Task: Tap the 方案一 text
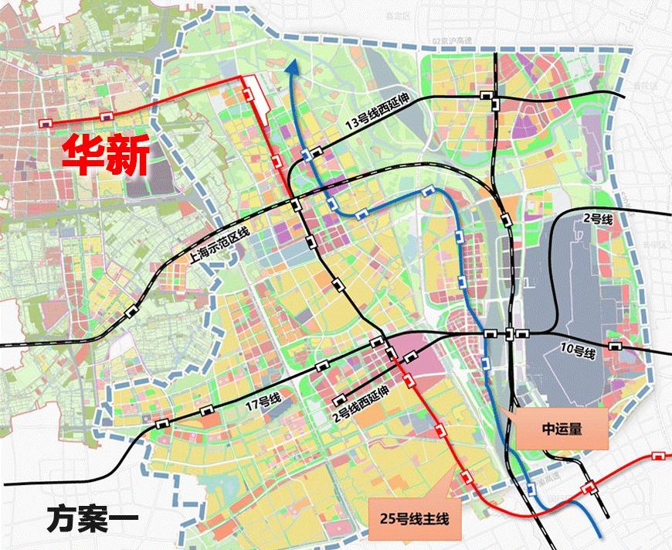coord(90,516)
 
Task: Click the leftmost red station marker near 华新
coord(46,122)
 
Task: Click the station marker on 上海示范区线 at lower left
coord(131,311)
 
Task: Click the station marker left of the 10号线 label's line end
coord(614,346)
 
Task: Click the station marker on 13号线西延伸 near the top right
coord(487,95)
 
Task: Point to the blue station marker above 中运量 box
coord(484,363)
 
